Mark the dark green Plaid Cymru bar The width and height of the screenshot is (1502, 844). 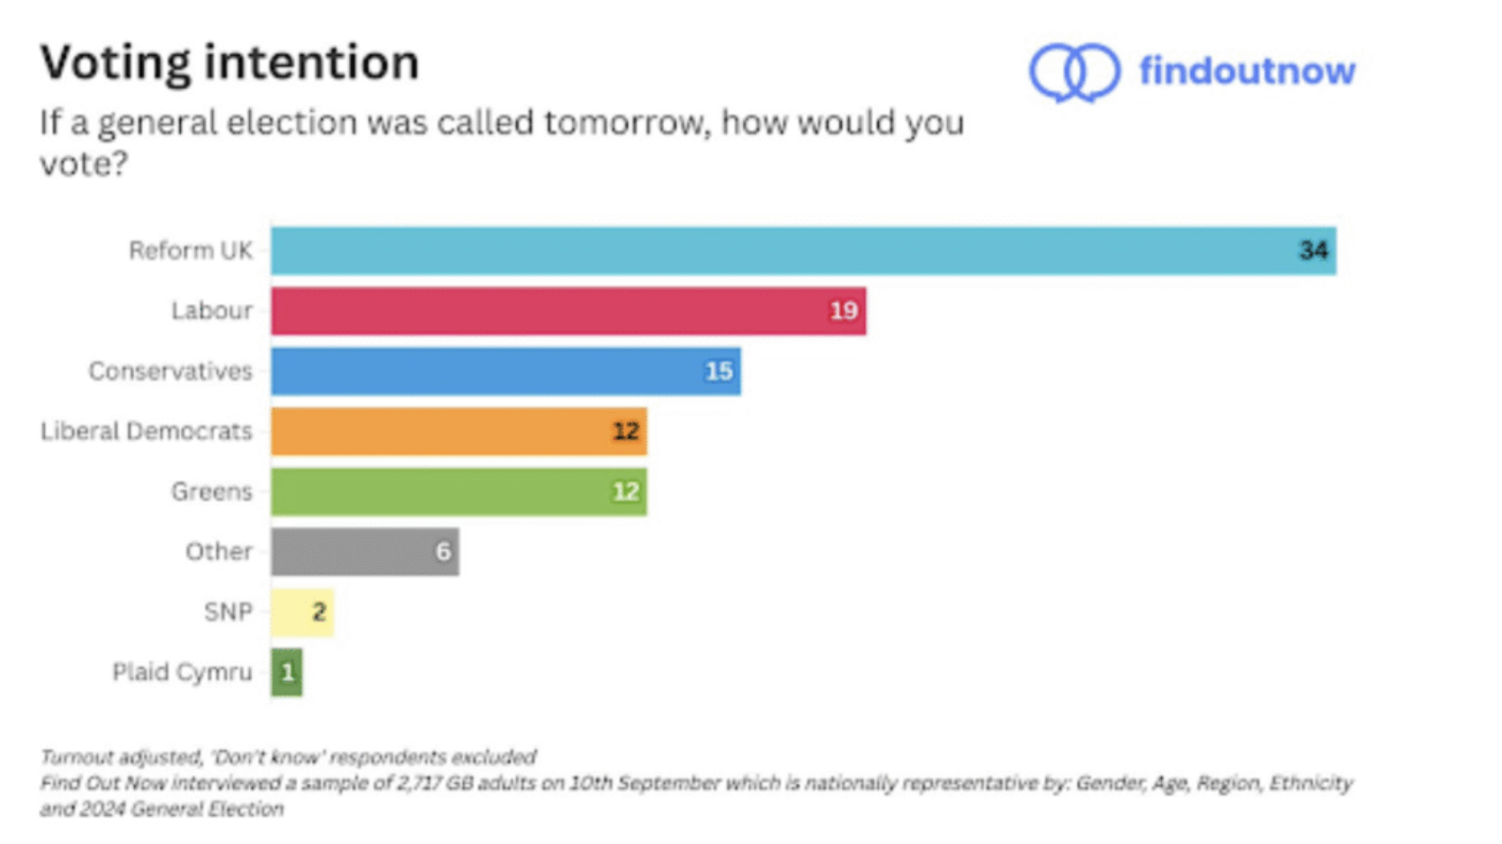coord(286,672)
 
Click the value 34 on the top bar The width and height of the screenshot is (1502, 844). coord(1313,250)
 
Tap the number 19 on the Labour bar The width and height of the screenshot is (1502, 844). coord(843,311)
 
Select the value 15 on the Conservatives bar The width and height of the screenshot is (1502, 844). coord(718,372)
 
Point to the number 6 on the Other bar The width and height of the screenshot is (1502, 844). coord(443,552)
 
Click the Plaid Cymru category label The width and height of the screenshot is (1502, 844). coord(182,672)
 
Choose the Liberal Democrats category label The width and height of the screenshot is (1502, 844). coord(146,432)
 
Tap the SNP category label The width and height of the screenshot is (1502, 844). coord(228,612)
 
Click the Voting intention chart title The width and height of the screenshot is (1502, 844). coord(229,63)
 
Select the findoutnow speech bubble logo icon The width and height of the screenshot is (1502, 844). coord(1074,72)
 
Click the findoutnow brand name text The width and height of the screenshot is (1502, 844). coord(1247,71)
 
